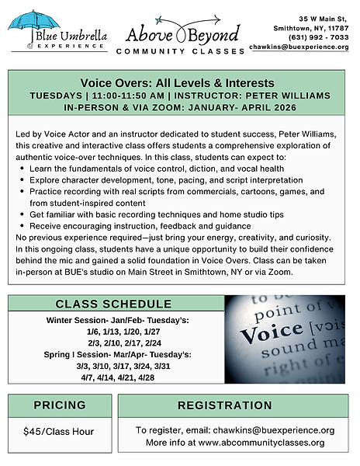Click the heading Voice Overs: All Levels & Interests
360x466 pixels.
click(x=178, y=83)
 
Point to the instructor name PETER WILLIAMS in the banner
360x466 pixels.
click(x=282, y=96)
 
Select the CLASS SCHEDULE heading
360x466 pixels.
click(x=116, y=304)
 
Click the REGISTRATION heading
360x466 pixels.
click(x=235, y=405)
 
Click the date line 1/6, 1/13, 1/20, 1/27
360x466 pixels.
click(x=114, y=332)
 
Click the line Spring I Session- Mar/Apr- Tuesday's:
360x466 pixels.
click(x=114, y=354)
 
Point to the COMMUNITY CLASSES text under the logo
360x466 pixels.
click(x=179, y=51)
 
